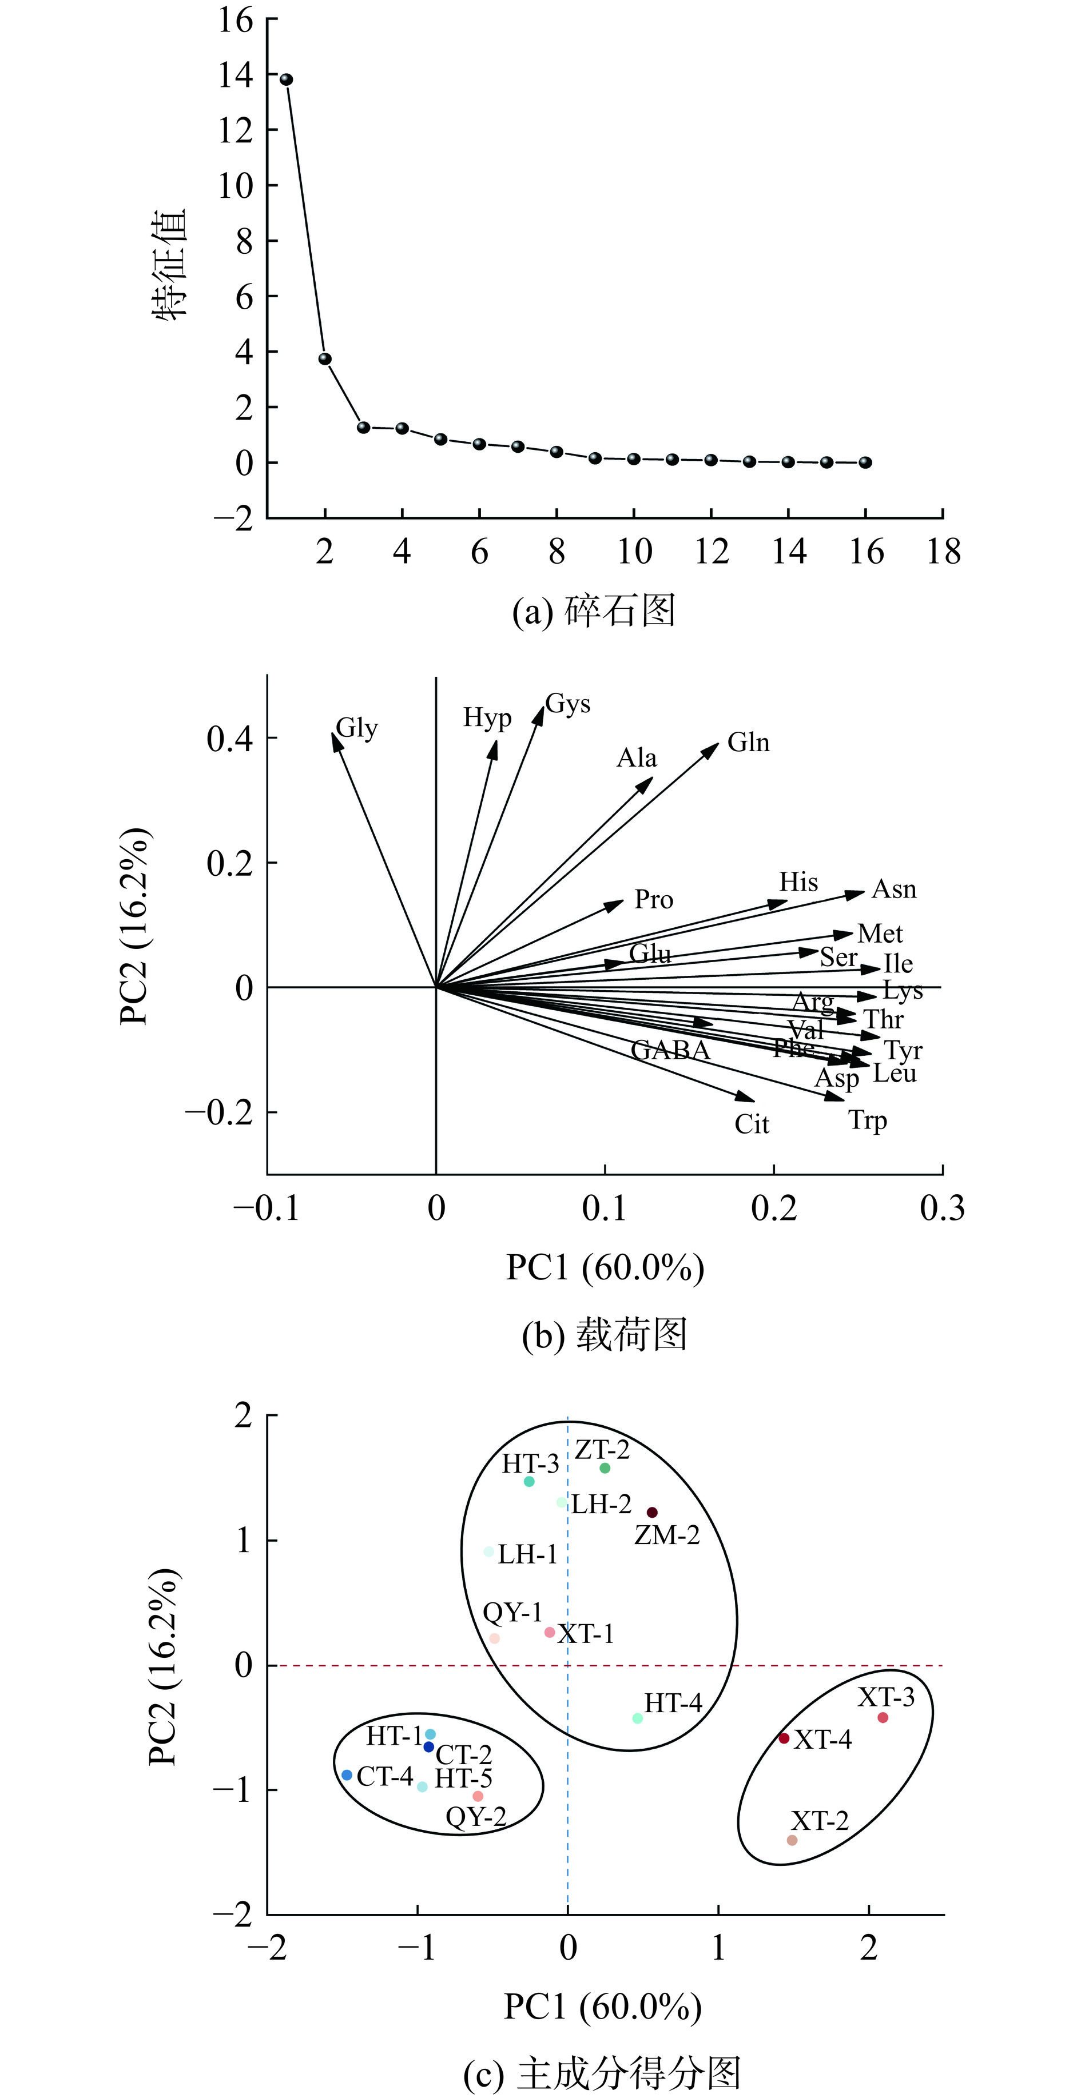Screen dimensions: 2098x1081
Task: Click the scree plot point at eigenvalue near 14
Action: click(x=286, y=79)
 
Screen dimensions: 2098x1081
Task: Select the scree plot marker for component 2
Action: click(x=325, y=358)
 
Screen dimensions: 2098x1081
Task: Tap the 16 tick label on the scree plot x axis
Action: click(x=866, y=552)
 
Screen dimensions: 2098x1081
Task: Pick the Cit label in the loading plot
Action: click(x=751, y=1124)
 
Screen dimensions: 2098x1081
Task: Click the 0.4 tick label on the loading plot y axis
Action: click(x=230, y=739)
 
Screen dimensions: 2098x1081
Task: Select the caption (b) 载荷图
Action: click(x=605, y=1335)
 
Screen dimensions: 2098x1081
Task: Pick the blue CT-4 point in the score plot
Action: click(x=347, y=1797)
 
